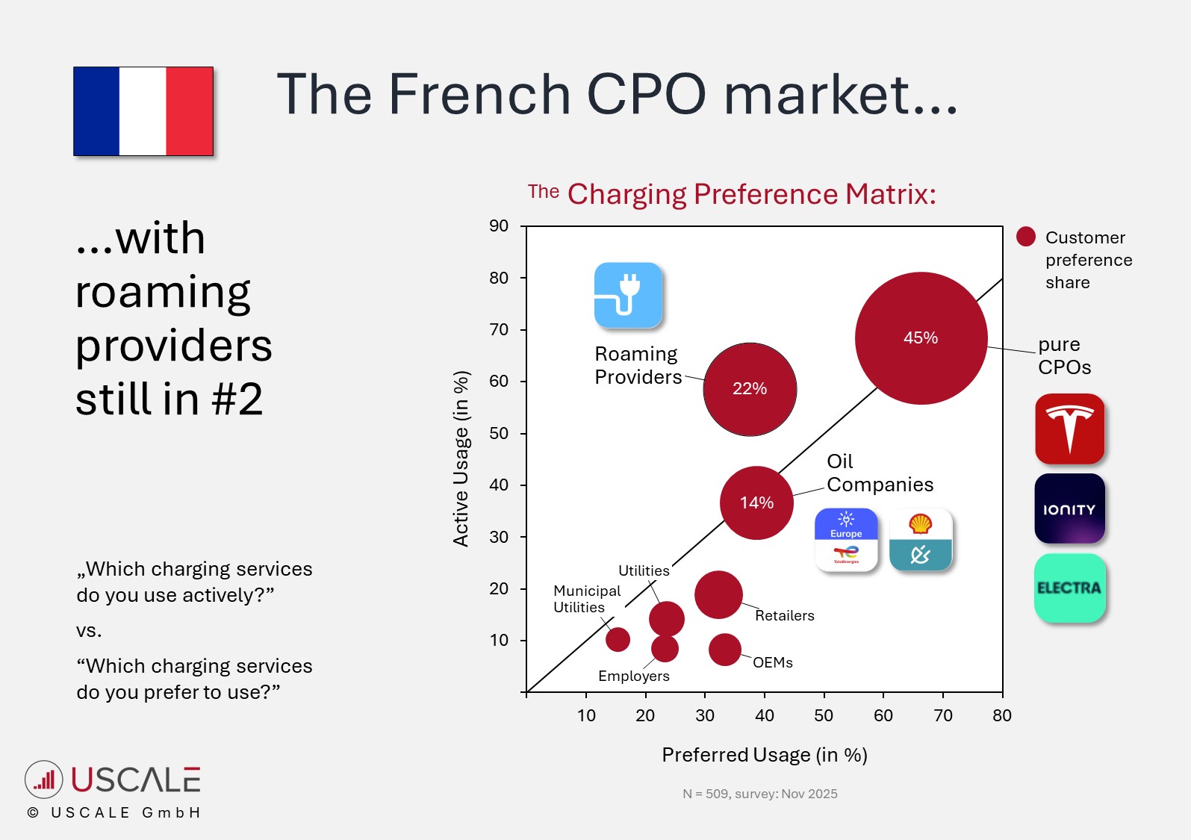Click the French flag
143,111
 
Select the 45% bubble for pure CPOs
921,338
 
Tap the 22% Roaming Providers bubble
750,389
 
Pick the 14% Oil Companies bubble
756,503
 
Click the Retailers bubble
718,595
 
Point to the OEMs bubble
724,650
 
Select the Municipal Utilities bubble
618,639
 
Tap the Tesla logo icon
1069,429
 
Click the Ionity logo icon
1069,508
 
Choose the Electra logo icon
1069,588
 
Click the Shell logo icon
921,540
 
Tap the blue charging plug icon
628,295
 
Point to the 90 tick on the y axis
499,226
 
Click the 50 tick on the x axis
824,715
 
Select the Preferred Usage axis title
765,755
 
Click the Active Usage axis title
461,458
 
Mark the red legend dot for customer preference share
1026,237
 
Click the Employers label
633,676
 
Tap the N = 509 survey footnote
760,794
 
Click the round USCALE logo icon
44,780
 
